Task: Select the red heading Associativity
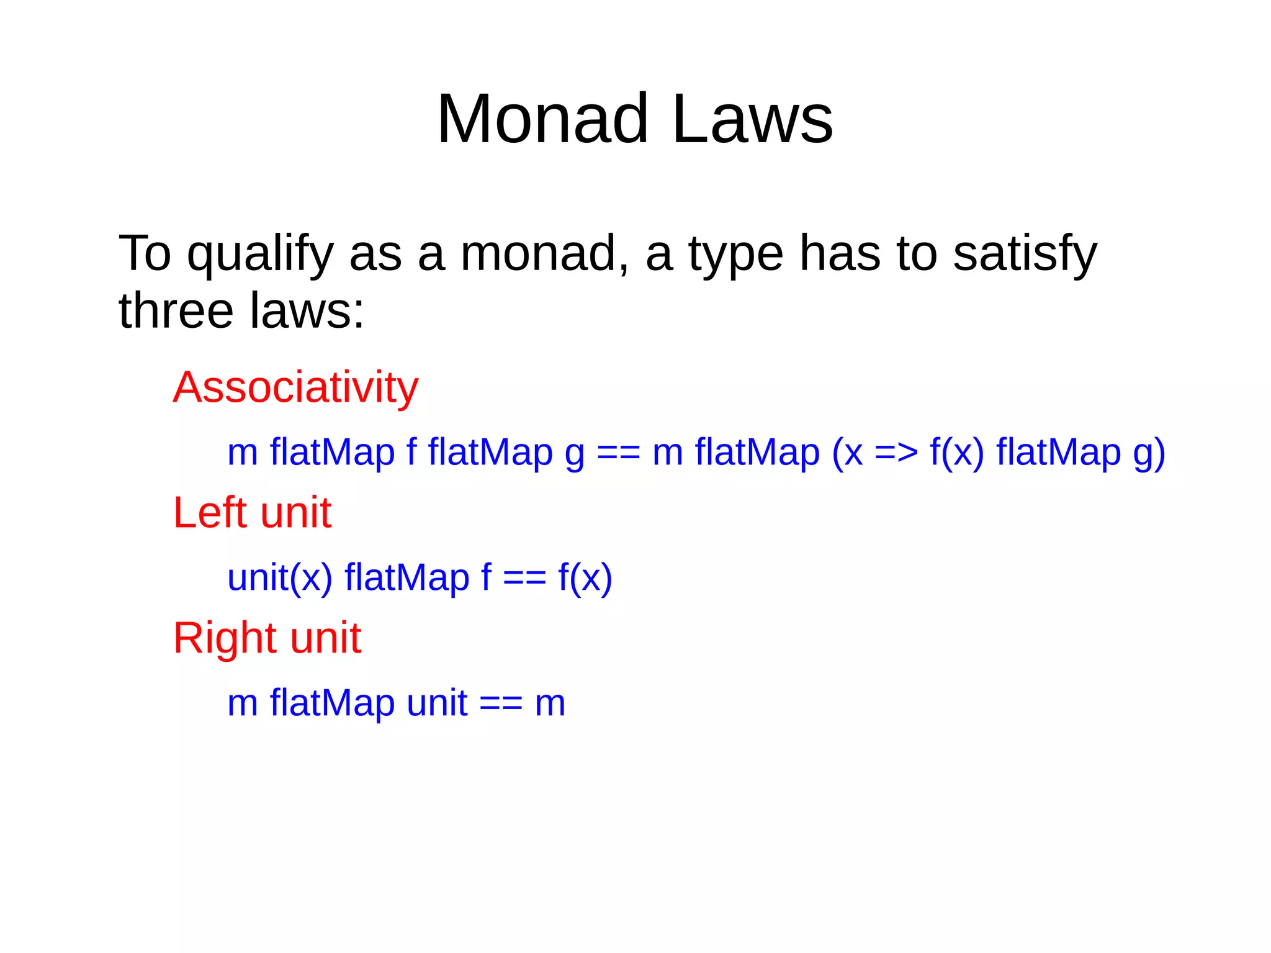(295, 387)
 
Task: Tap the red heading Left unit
(252, 513)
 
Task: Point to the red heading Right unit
(267, 638)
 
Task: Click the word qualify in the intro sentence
(260, 255)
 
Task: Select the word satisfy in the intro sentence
(1025, 255)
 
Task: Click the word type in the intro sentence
(736, 255)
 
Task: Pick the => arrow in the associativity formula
(896, 453)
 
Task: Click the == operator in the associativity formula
(618, 453)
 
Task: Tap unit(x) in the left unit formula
(279, 578)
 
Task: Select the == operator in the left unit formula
(524, 578)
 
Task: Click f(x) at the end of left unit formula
(585, 578)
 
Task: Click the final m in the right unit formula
(550, 703)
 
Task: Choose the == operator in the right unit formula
(501, 703)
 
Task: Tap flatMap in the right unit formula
(332, 703)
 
